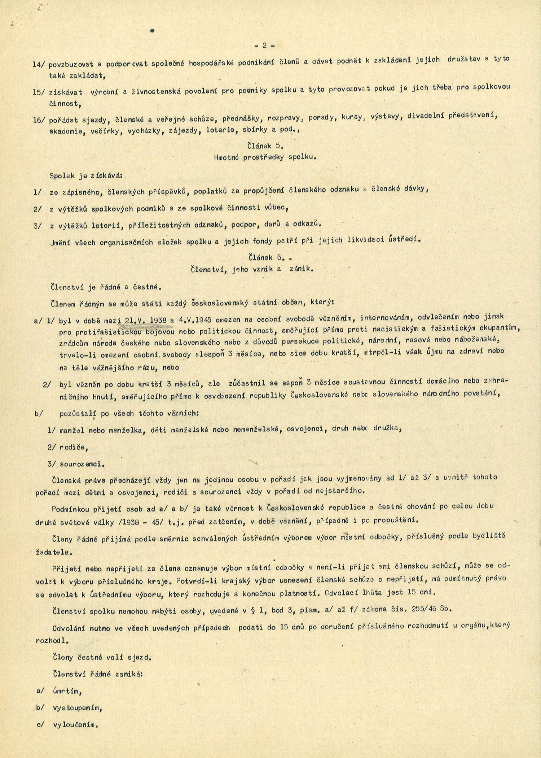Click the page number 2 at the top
click(x=264, y=45)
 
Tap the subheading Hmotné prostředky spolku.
click(x=265, y=157)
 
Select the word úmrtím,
click(x=67, y=691)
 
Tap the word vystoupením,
click(x=78, y=707)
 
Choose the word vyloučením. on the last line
click(x=76, y=725)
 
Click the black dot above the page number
click(x=152, y=31)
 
